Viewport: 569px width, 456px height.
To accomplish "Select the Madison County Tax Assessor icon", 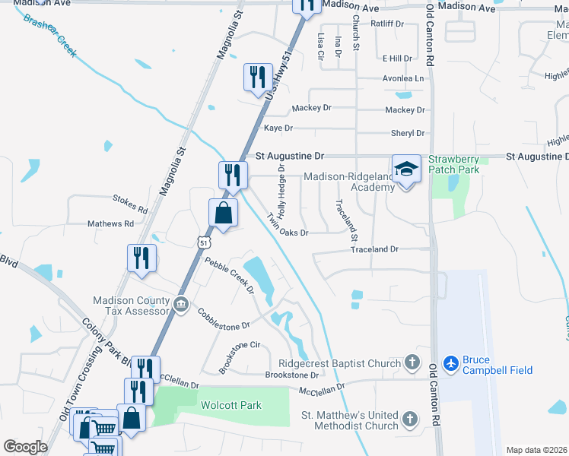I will [x=181, y=305].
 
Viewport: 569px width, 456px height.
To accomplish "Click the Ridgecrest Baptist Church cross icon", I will [x=412, y=363].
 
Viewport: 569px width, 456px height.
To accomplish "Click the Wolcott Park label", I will [x=231, y=405].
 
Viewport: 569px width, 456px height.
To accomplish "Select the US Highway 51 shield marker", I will [x=202, y=242].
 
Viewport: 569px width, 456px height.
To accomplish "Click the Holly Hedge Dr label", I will [x=281, y=187].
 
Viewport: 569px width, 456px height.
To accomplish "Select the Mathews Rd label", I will [x=110, y=224].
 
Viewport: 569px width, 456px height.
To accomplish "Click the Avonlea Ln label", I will [x=403, y=78].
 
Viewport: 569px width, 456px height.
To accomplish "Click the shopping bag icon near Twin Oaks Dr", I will [x=222, y=213].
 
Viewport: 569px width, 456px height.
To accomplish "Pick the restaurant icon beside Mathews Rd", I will [x=141, y=258].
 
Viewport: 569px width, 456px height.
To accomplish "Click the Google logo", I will [x=25, y=447].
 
